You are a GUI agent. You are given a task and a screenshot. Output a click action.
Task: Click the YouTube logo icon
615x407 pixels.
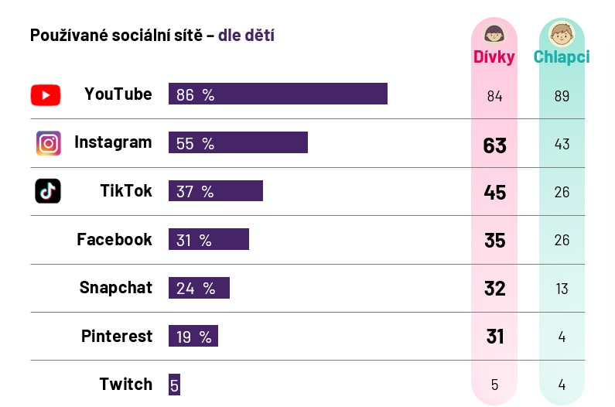[46, 94]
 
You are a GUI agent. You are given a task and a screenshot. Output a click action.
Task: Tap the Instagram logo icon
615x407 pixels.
[48, 143]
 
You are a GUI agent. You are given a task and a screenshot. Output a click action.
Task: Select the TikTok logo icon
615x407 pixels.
[48, 191]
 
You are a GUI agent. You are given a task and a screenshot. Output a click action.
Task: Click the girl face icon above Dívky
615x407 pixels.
[494, 34]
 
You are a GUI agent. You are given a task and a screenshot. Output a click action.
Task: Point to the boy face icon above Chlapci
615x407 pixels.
[562, 34]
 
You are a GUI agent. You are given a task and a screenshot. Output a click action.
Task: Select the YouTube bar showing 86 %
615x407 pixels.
[278, 94]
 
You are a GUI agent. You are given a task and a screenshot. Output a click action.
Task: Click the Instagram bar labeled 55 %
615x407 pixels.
[237, 142]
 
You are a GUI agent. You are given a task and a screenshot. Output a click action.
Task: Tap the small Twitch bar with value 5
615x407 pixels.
[174, 385]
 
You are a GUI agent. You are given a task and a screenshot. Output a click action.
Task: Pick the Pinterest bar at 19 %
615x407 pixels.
[193, 336]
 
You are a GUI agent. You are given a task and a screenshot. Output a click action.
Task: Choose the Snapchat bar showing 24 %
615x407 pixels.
[199, 288]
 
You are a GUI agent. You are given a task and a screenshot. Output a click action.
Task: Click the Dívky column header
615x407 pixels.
[494, 56]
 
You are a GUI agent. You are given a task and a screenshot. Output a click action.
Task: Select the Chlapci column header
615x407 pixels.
[562, 56]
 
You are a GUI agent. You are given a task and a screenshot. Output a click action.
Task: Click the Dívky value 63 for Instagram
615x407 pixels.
[494, 145]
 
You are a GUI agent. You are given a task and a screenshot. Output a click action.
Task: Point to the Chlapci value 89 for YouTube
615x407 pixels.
[562, 96]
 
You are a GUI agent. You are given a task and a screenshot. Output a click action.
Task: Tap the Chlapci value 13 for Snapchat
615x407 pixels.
[562, 289]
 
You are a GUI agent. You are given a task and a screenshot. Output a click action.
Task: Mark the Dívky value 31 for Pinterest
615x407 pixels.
[494, 337]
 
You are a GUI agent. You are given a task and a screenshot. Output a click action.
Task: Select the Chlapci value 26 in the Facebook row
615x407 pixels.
[562, 240]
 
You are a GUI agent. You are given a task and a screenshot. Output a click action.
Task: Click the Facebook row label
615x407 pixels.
[114, 239]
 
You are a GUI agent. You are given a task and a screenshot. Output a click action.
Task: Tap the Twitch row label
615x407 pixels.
[125, 384]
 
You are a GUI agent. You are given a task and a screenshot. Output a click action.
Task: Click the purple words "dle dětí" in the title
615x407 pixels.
[246, 35]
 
